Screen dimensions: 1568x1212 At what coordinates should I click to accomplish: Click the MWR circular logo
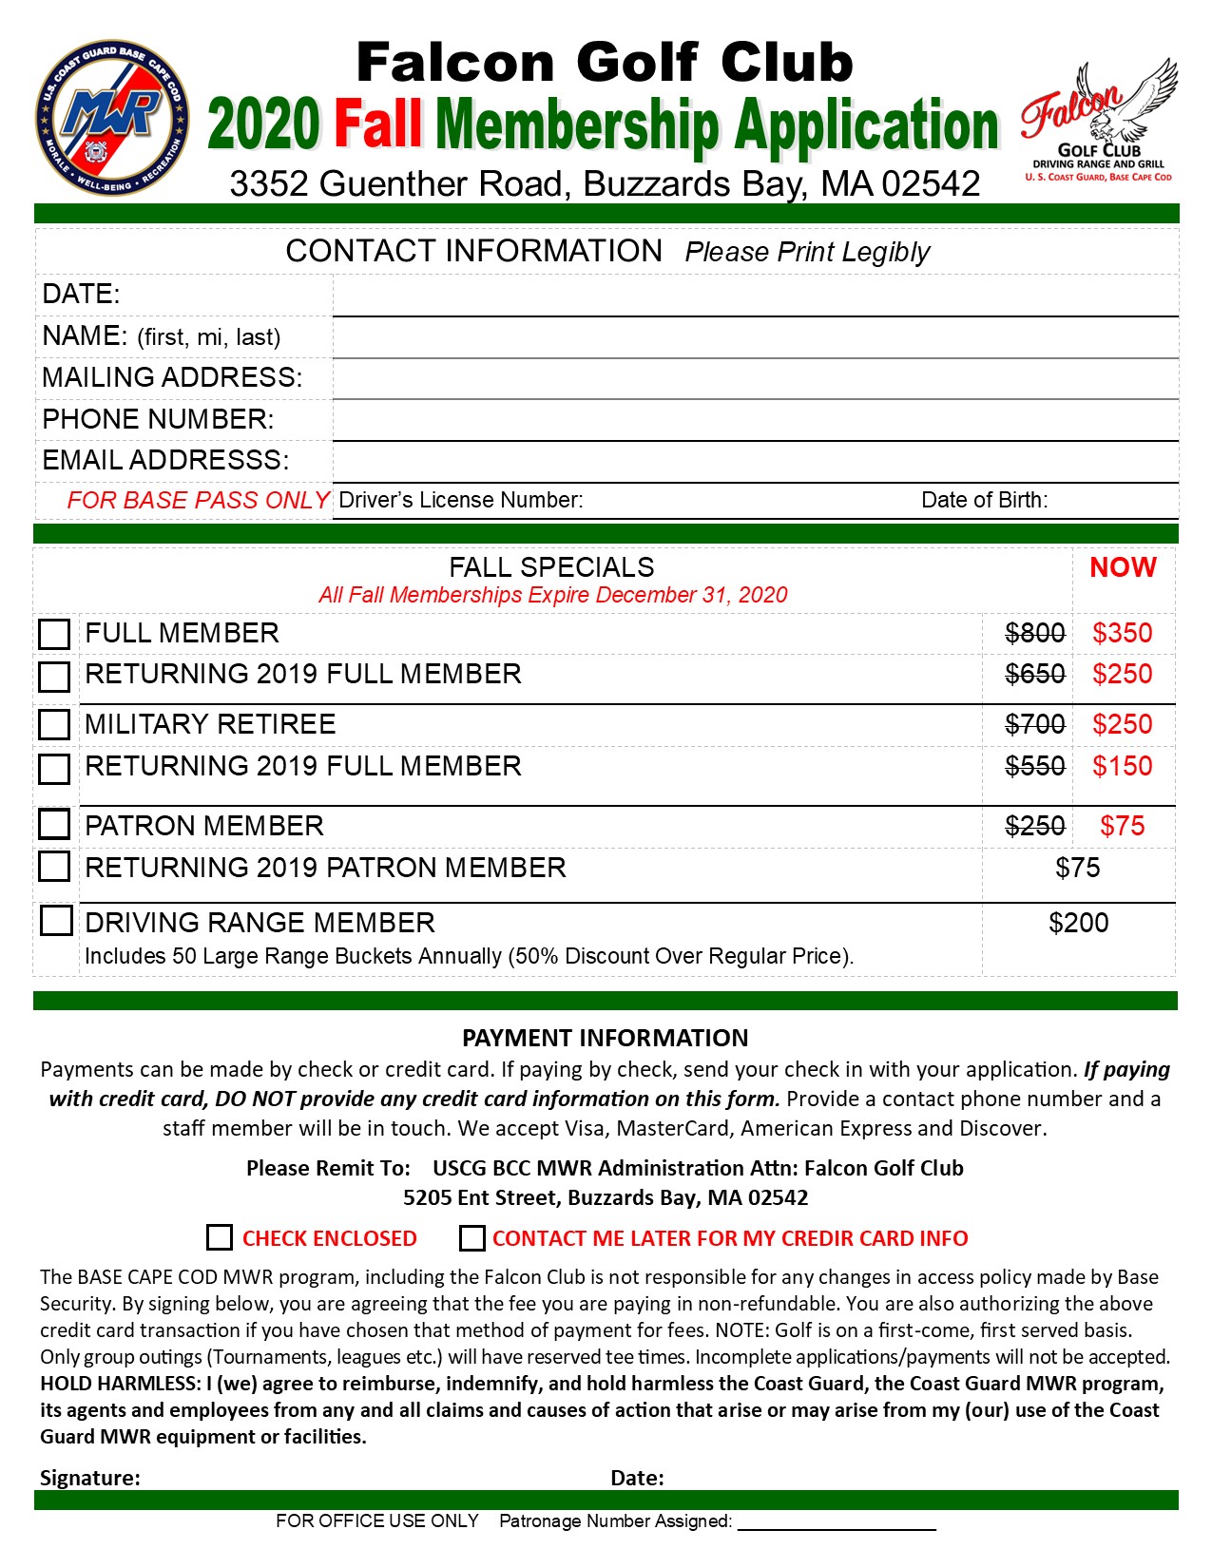tap(111, 118)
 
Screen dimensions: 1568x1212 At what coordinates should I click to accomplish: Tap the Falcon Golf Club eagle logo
tap(1100, 119)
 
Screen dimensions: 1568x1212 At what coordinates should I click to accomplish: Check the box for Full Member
tap(54, 634)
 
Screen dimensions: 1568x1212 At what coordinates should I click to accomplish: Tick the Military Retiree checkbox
tap(54, 724)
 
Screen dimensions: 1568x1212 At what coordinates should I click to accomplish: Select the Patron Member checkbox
tap(54, 825)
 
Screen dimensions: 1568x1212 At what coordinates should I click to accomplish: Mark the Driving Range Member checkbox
tap(56, 921)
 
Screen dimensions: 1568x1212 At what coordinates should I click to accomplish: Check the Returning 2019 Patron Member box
tap(54, 866)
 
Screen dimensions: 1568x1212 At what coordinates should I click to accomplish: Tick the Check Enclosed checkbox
tap(220, 1237)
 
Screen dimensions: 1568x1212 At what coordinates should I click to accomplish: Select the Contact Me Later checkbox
tap(471, 1237)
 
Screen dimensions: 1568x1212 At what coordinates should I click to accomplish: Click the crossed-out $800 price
tap(1034, 633)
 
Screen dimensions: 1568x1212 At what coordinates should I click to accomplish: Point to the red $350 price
tap(1122, 633)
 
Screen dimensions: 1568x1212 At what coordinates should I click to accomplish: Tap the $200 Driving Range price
tap(1078, 923)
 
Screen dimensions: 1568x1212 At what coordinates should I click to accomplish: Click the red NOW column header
tap(1123, 567)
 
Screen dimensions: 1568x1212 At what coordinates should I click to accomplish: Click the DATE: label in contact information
tap(82, 295)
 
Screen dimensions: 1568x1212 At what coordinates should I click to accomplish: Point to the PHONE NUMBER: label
tap(158, 419)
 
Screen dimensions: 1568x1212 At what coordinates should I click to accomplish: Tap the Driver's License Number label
tap(461, 501)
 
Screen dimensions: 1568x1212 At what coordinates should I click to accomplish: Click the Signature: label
tap(90, 1478)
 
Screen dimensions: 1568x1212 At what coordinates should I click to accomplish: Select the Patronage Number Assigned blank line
tap(837, 1522)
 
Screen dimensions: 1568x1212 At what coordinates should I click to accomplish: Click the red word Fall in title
tap(377, 124)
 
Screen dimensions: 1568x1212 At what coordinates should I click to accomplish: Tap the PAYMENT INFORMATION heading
tap(606, 1038)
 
